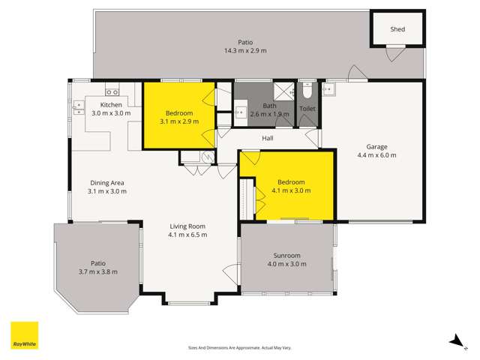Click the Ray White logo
(24, 335)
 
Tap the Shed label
(397, 29)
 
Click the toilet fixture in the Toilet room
(307, 94)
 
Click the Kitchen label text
(111, 104)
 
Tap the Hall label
(268, 139)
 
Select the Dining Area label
(107, 182)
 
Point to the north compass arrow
(454, 341)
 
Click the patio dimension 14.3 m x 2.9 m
(245, 51)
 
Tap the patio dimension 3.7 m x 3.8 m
(98, 271)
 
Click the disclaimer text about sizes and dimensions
(239, 347)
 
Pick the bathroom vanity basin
(241, 113)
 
